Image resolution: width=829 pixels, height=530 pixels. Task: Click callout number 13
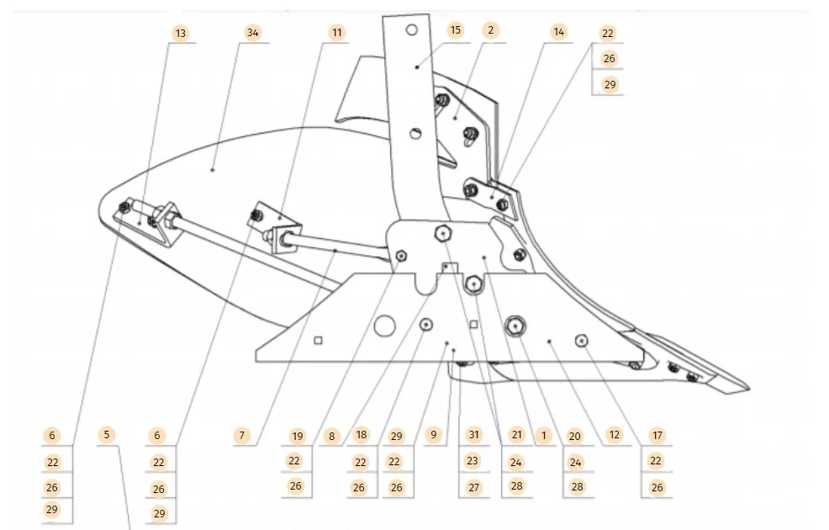pyautogui.click(x=181, y=33)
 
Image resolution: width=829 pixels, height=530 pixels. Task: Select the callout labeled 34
pyautogui.click(x=251, y=33)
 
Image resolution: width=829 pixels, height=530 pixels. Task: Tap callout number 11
pyautogui.click(x=336, y=33)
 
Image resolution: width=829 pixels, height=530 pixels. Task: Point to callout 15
pyautogui.click(x=455, y=30)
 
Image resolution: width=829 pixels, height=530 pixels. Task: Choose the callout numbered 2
pyautogui.click(x=490, y=30)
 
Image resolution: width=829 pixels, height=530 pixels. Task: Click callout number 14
pyautogui.click(x=559, y=32)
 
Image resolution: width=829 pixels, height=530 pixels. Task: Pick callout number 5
pyautogui.click(x=105, y=435)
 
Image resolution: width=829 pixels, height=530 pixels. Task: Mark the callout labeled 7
pyautogui.click(x=242, y=436)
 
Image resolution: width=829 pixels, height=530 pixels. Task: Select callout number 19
pyautogui.click(x=297, y=436)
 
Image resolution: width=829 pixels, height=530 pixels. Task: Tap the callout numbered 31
pyautogui.click(x=474, y=435)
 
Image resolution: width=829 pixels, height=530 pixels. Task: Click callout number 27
pyautogui.click(x=474, y=487)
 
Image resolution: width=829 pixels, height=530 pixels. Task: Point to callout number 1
pyautogui.click(x=543, y=435)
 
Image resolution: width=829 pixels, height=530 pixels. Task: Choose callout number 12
pyautogui.click(x=615, y=435)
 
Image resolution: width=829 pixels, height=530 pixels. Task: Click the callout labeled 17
pyautogui.click(x=657, y=436)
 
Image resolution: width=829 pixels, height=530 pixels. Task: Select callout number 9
pyautogui.click(x=433, y=435)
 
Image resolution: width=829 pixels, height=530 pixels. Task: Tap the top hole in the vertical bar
pyautogui.click(x=410, y=30)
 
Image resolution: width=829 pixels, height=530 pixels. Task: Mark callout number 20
pyautogui.click(x=574, y=436)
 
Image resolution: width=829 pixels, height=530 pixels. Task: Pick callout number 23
pyautogui.click(x=473, y=461)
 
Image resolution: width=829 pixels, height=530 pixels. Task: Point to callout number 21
pyautogui.click(x=516, y=435)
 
